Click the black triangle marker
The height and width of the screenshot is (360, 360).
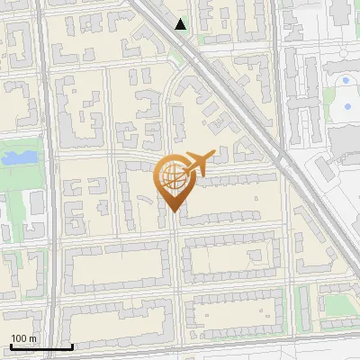[181, 24]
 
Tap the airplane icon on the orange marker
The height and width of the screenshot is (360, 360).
[201, 162]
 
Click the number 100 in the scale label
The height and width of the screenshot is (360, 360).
[20, 338]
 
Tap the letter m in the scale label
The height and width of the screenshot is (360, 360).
[33, 338]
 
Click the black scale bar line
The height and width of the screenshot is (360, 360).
[41, 346]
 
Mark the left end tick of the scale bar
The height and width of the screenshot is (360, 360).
[11, 346]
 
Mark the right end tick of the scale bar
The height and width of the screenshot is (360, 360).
[72, 346]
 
